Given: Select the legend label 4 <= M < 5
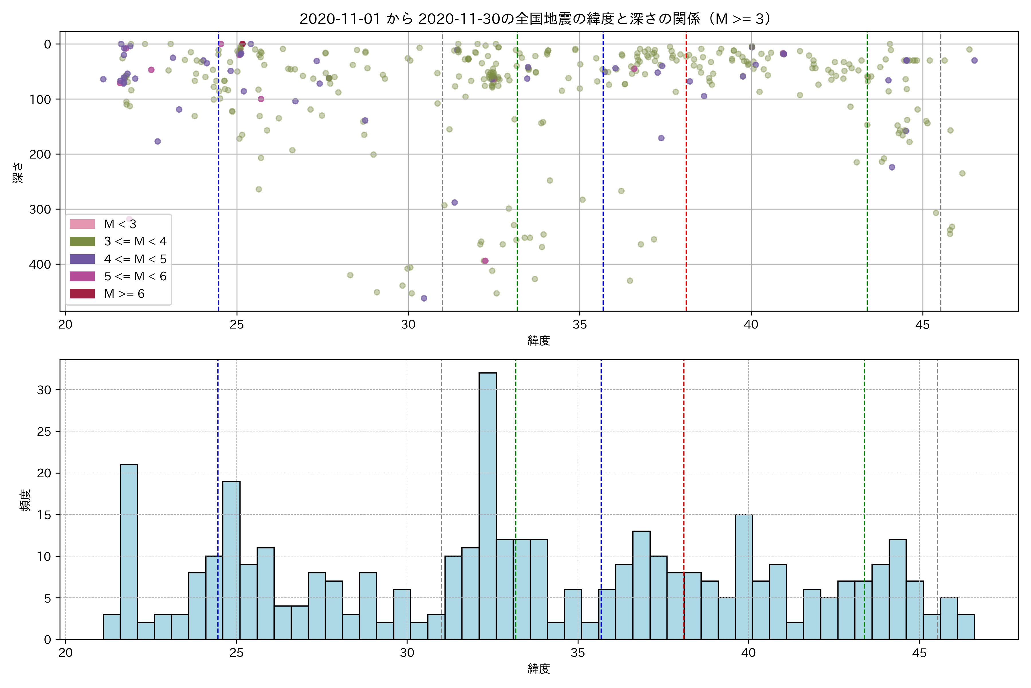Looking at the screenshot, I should pyautogui.click(x=135, y=259).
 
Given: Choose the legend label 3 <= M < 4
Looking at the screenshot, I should pyautogui.click(x=135, y=241).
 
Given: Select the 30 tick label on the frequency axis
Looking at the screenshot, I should pyautogui.click(x=44, y=390).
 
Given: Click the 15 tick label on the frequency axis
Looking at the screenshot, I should pyautogui.click(x=44, y=515).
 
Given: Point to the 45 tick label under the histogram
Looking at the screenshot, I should pyautogui.click(x=919, y=653).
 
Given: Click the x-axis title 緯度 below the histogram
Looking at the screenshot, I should pyautogui.click(x=539, y=669).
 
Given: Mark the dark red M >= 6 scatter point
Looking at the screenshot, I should pyautogui.click(x=242, y=44).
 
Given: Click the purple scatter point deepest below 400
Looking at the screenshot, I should pyautogui.click(x=424, y=298).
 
